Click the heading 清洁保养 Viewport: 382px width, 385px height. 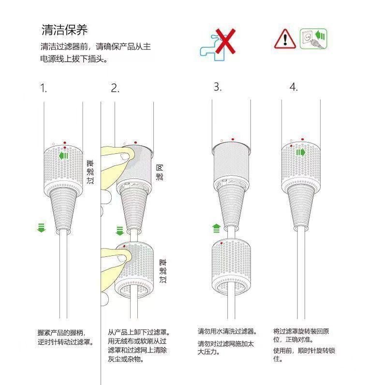[x=65, y=30]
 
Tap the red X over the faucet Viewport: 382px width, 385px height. [x=225, y=41]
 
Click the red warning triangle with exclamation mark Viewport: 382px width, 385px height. [x=285, y=39]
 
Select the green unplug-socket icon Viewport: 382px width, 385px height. [x=313, y=39]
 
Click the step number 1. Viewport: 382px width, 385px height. [x=43, y=88]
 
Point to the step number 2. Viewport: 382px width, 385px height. [x=115, y=88]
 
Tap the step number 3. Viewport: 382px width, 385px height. [x=218, y=87]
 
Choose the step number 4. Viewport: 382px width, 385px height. [x=294, y=87]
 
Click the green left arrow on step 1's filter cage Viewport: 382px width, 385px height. [x=63, y=156]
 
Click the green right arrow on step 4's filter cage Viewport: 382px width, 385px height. [x=301, y=152]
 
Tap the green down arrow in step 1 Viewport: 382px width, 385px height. [x=42, y=228]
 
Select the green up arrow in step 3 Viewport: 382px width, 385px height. [x=216, y=228]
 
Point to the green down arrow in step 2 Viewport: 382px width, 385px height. [x=120, y=231]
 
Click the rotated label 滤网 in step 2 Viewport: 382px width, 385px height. [x=160, y=173]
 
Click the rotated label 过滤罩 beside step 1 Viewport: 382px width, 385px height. [x=90, y=172]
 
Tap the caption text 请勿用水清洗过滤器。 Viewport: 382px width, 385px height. [x=227, y=331]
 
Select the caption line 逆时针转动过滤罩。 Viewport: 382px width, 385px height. [x=66, y=341]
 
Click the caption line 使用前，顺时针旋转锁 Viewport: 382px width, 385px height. [x=304, y=350]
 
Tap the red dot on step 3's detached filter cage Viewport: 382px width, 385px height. [x=221, y=243]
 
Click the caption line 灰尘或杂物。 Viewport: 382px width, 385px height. [x=126, y=359]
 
